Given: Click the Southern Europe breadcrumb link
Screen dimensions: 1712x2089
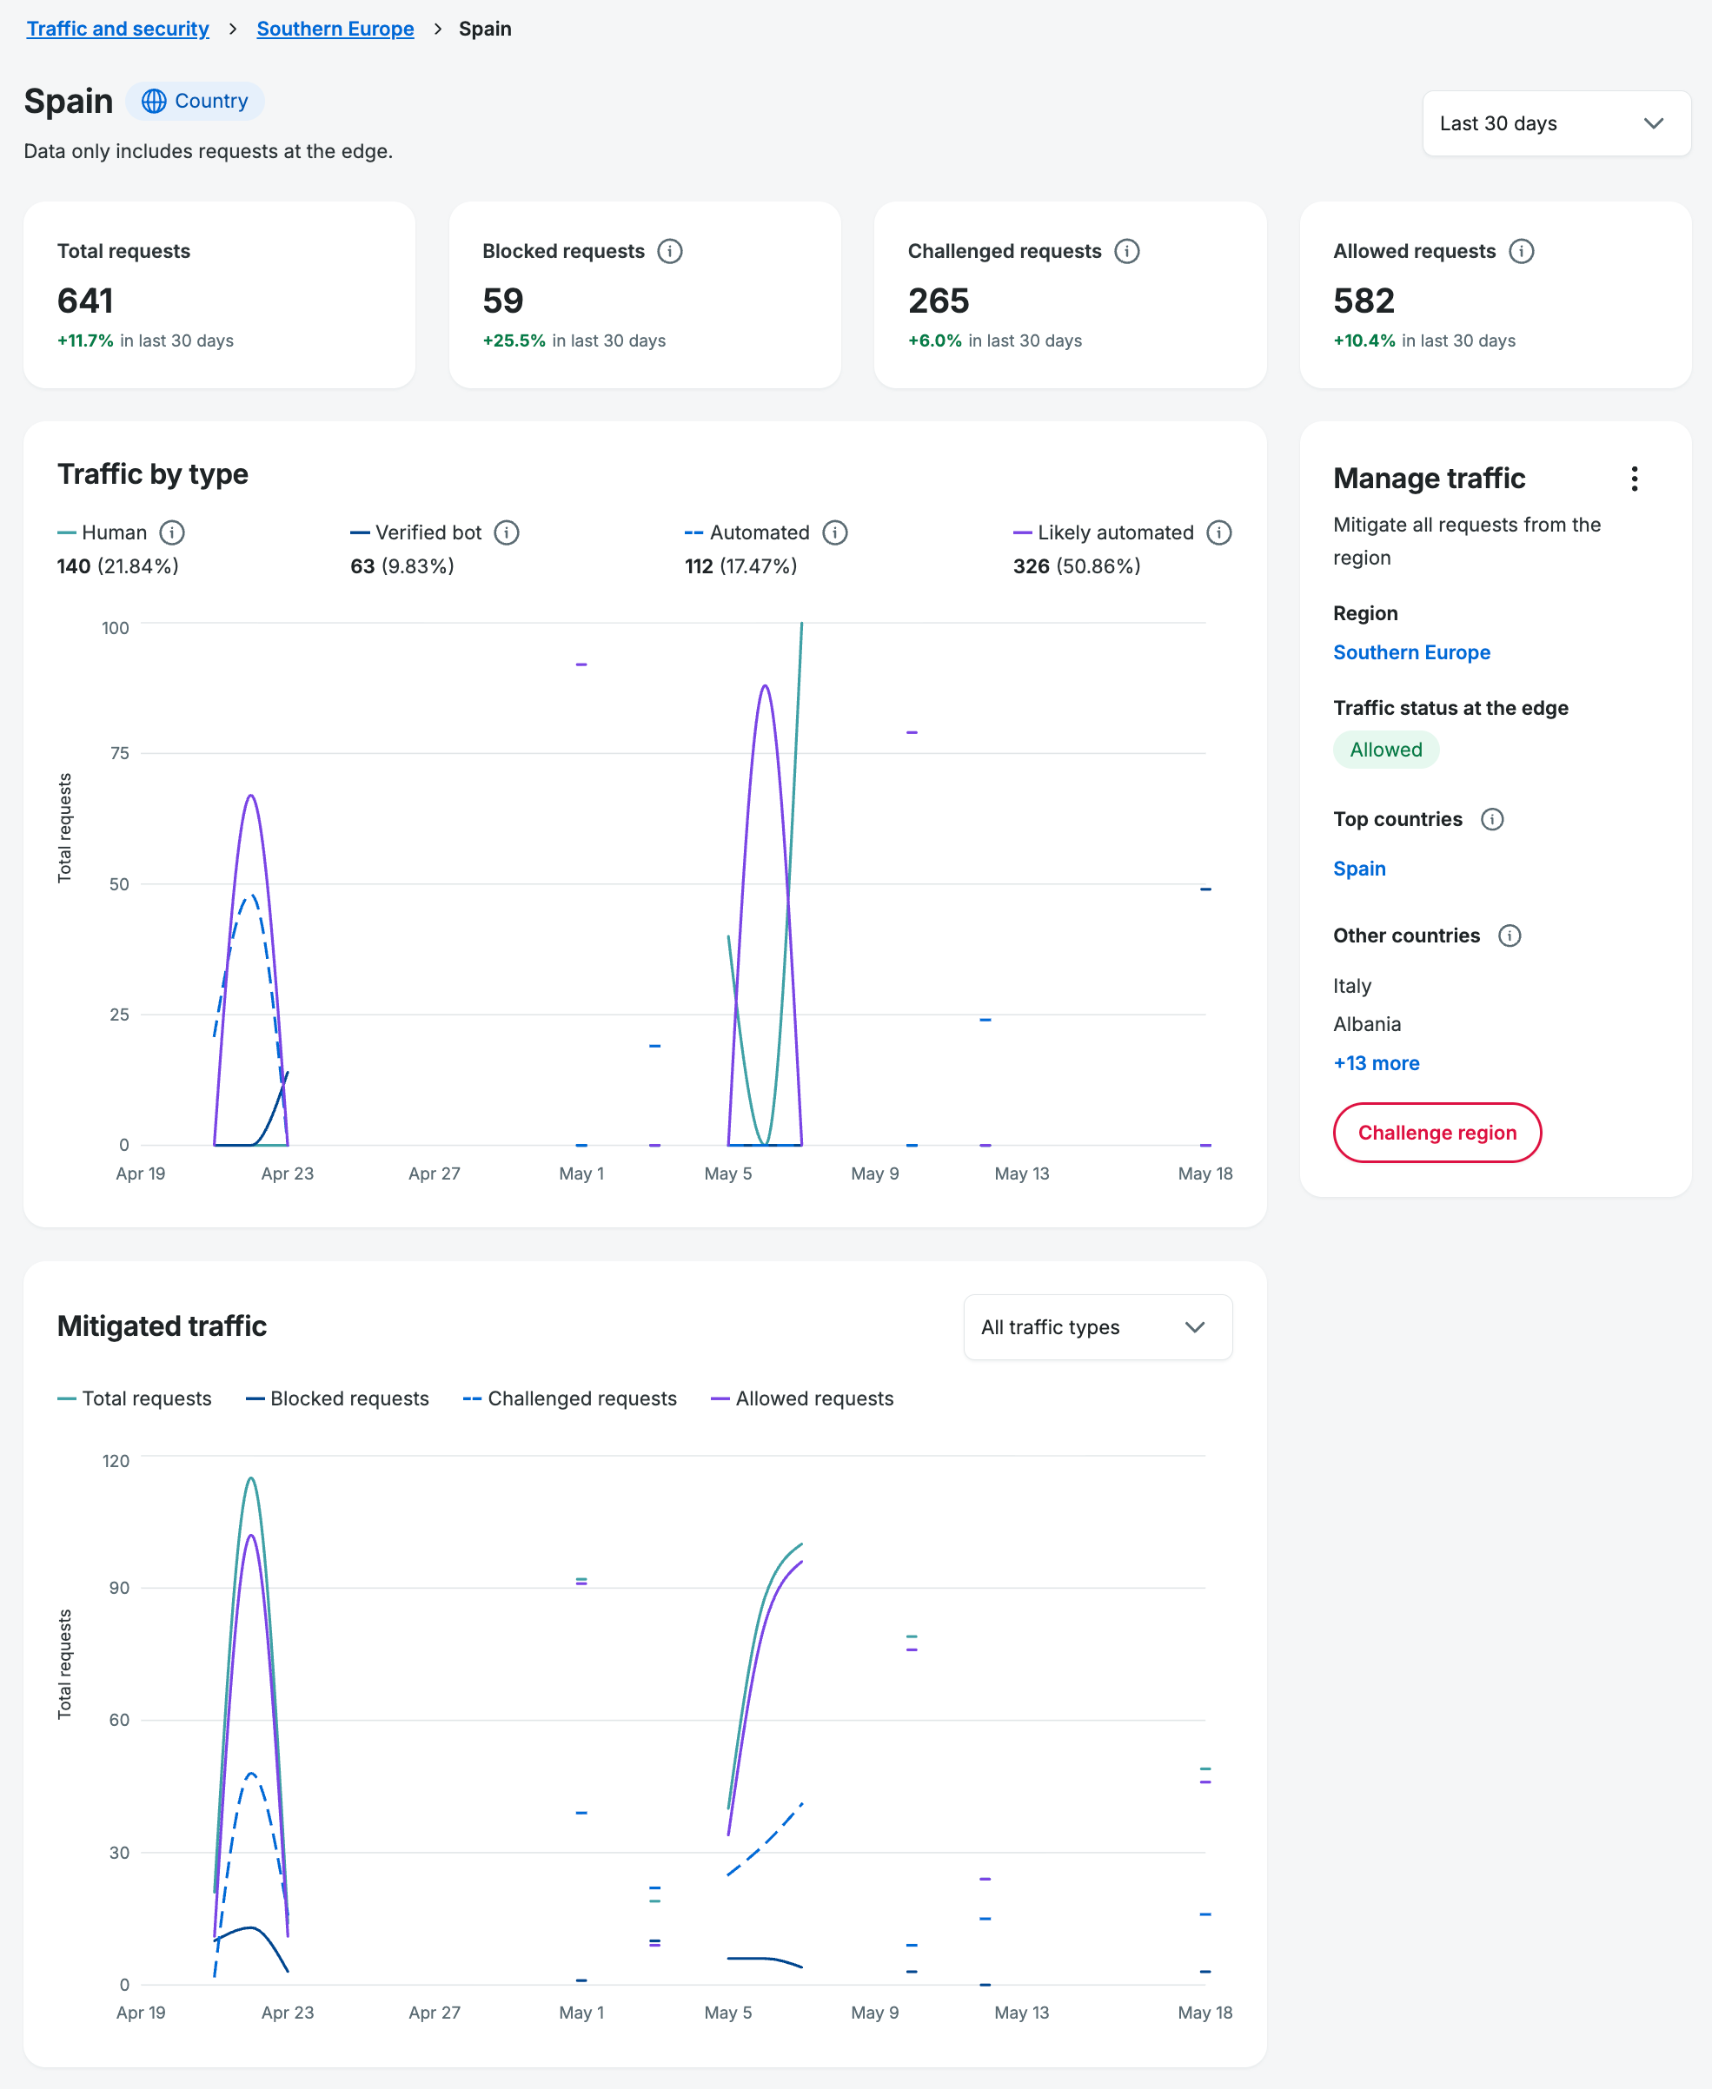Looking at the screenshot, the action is [335, 29].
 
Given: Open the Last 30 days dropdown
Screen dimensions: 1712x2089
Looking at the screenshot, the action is [1556, 123].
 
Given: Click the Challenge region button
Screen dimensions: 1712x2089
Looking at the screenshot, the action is [1436, 1133].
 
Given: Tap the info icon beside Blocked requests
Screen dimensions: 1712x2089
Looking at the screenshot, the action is [670, 251].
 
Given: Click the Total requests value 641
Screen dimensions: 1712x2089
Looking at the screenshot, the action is [85, 301].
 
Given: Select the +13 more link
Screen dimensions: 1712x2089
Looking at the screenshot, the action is [1376, 1062].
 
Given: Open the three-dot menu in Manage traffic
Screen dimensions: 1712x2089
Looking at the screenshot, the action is [1634, 479].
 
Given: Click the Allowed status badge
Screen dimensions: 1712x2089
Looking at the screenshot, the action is [1385, 750].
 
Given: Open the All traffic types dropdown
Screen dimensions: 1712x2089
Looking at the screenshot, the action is [1098, 1327].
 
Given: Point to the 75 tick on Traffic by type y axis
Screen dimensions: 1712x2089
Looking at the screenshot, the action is [119, 753].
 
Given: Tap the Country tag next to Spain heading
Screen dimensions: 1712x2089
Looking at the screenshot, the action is [195, 101].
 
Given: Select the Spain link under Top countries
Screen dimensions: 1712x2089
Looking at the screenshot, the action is [1359, 869].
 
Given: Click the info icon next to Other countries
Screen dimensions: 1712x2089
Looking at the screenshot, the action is [1509, 935].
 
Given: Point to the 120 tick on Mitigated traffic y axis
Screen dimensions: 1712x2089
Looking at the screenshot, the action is [116, 1460].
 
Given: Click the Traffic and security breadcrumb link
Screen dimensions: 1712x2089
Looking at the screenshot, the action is [117, 29].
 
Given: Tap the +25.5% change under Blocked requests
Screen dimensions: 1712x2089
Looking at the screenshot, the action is [514, 340].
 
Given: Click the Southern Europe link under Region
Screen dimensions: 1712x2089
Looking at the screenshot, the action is [1411, 652].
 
